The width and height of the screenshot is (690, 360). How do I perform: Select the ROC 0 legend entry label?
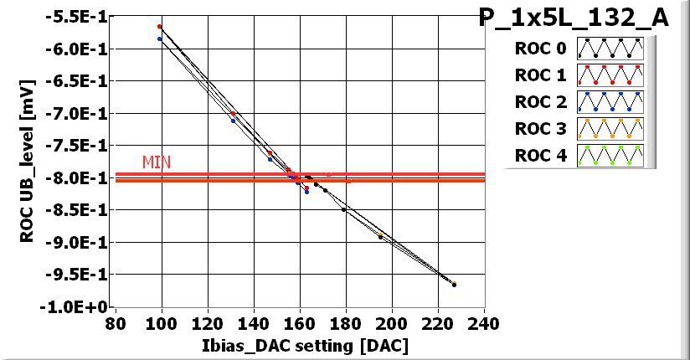(533, 49)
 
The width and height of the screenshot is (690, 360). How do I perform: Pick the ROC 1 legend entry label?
(533, 75)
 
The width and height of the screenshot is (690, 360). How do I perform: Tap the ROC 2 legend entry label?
(533, 102)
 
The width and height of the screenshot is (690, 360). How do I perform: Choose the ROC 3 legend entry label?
(533, 129)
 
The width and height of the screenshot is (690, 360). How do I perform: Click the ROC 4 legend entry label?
(533, 156)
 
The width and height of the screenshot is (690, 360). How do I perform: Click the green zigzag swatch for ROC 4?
(610, 156)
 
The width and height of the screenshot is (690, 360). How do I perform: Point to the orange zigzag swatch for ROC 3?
(610, 129)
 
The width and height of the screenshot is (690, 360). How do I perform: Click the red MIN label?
(156, 162)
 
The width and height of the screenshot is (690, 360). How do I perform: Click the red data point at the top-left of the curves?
(159, 27)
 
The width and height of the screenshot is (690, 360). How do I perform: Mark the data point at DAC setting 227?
(454, 285)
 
